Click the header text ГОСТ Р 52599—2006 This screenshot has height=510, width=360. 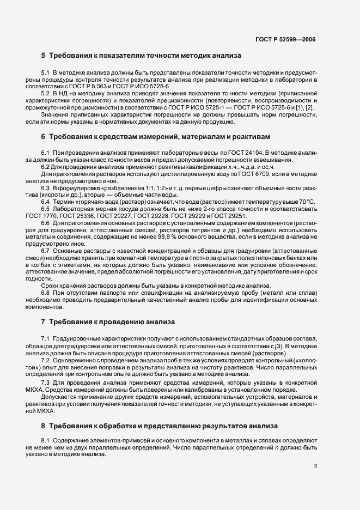coord(285,39)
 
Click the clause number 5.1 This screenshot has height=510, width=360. coord(45,72)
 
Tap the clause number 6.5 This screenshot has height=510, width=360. coord(45,210)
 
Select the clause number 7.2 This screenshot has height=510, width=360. coord(45,361)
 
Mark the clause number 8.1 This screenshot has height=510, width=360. coord(45,440)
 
